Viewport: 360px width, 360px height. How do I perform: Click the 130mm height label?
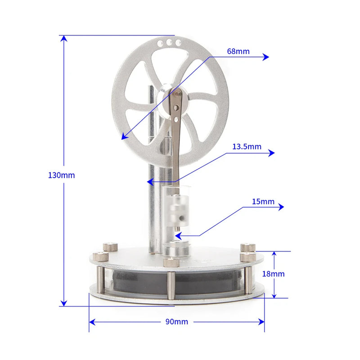[x=61, y=175]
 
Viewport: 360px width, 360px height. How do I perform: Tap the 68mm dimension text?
[x=238, y=51]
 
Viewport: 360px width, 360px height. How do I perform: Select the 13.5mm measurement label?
[x=247, y=147]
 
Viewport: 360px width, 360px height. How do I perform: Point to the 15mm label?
[x=263, y=201]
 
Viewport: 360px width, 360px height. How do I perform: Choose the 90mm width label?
[x=177, y=321]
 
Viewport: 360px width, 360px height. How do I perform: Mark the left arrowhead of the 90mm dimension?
[x=93, y=322]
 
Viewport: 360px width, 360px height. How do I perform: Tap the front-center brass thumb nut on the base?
[x=171, y=262]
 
